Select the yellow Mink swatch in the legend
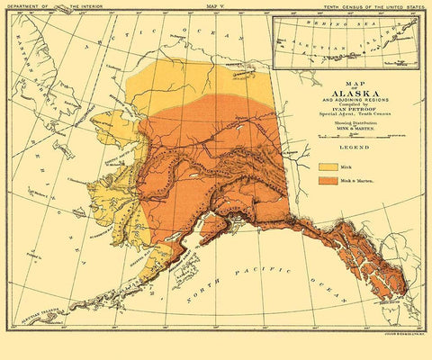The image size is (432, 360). [x=328, y=167]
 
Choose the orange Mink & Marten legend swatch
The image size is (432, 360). [x=328, y=181]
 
